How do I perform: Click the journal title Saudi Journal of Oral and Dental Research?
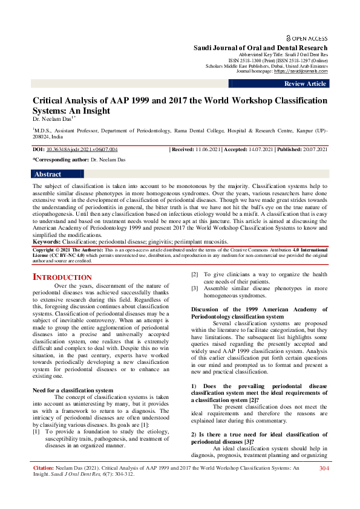point(260,48)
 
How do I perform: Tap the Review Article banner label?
point(305,84)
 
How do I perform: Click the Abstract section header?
point(48,174)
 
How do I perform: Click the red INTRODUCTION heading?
point(62,277)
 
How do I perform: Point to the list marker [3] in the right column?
point(195,288)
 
